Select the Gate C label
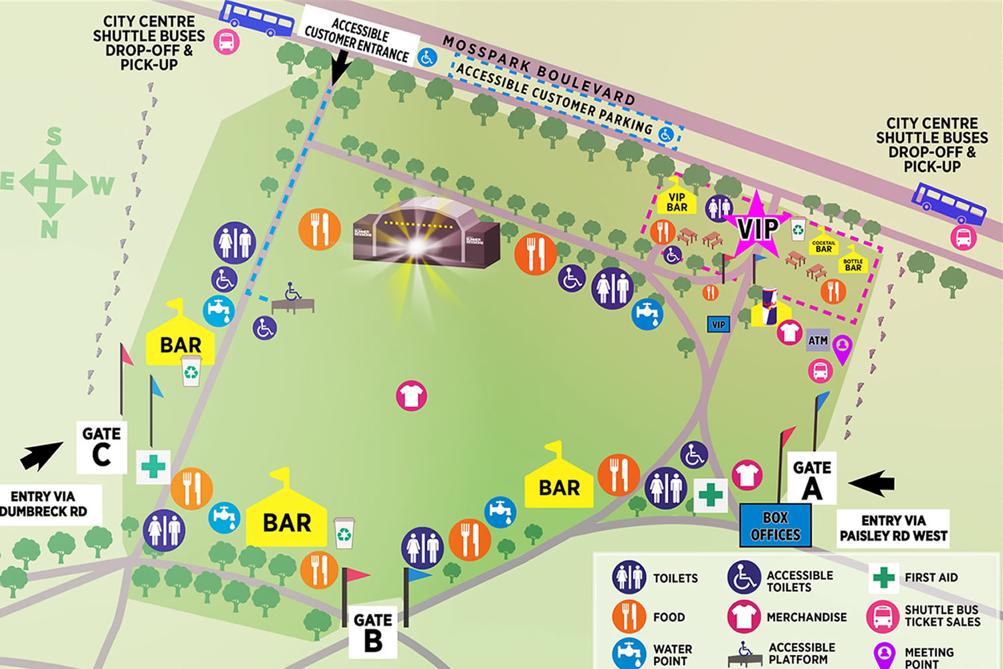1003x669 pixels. (x=102, y=447)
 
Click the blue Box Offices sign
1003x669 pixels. (x=775, y=526)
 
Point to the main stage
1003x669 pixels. (x=426, y=234)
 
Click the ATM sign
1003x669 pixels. (x=818, y=341)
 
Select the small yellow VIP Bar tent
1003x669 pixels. (x=677, y=199)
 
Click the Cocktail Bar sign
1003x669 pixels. (x=824, y=246)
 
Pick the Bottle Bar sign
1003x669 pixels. (x=853, y=264)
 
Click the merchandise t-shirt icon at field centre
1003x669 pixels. (x=411, y=395)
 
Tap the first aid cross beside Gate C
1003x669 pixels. (x=153, y=466)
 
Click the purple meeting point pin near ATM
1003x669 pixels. (x=843, y=347)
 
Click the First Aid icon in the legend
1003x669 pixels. (x=883, y=577)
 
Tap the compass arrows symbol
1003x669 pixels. (x=53, y=183)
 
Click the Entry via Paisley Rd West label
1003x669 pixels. (x=893, y=528)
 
